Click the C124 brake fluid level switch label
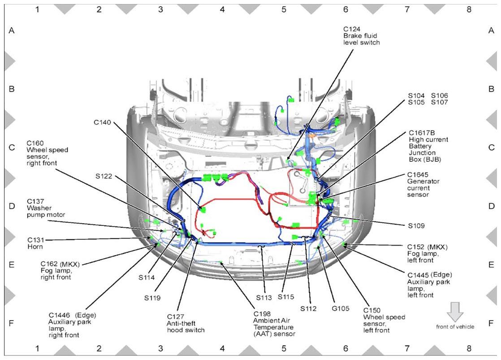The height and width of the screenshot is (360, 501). click(x=361, y=36)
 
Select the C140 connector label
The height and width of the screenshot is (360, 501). click(x=102, y=122)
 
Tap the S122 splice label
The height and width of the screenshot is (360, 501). click(x=104, y=176)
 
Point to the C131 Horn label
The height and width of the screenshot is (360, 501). click(x=35, y=243)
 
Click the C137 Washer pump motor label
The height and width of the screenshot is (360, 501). click(x=46, y=208)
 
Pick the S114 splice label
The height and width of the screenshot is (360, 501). click(x=147, y=278)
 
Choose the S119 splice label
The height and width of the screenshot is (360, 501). click(x=152, y=298)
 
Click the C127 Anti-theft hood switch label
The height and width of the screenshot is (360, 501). click(x=186, y=323)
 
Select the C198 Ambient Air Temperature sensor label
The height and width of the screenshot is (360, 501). click(x=274, y=324)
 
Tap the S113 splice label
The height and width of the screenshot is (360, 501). click(x=264, y=298)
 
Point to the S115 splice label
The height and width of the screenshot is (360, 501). click(x=285, y=297)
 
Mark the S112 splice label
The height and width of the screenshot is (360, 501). click(x=308, y=308)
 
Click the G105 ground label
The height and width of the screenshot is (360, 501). click(x=341, y=308)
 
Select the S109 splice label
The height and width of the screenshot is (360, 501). click(x=416, y=226)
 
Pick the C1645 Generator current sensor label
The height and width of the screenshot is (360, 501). click(x=423, y=184)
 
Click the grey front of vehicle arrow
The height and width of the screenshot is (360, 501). click(x=455, y=312)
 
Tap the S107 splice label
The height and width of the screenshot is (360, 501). click(x=439, y=102)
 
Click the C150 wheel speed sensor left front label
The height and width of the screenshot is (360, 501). click(x=384, y=320)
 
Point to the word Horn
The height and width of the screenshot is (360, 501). click(x=35, y=247)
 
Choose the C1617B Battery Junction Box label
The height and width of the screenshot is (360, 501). click(x=428, y=146)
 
